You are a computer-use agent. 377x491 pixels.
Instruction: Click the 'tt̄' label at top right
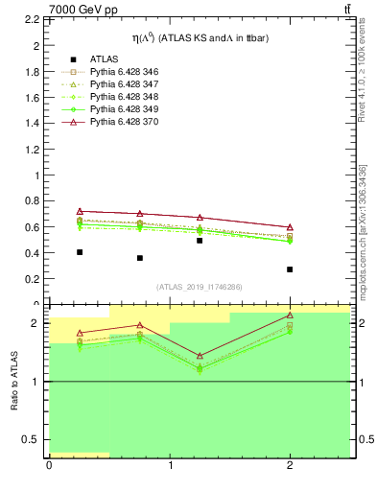pyautogui.click(x=345, y=10)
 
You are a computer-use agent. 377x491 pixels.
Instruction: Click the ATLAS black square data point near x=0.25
pyautogui.click(x=80, y=252)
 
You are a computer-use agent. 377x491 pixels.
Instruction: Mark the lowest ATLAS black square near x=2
pyautogui.click(x=290, y=269)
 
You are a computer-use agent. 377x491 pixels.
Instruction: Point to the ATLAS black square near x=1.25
pyautogui.click(x=200, y=241)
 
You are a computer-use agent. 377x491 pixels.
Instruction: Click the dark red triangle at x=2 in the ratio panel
pyautogui.click(x=290, y=315)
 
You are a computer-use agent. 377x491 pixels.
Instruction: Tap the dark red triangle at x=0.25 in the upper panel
pyautogui.click(x=80, y=211)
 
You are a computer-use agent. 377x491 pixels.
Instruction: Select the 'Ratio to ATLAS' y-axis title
pyautogui.click(x=13, y=383)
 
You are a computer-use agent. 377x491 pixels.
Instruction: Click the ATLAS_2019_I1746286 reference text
pyautogui.click(x=200, y=287)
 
